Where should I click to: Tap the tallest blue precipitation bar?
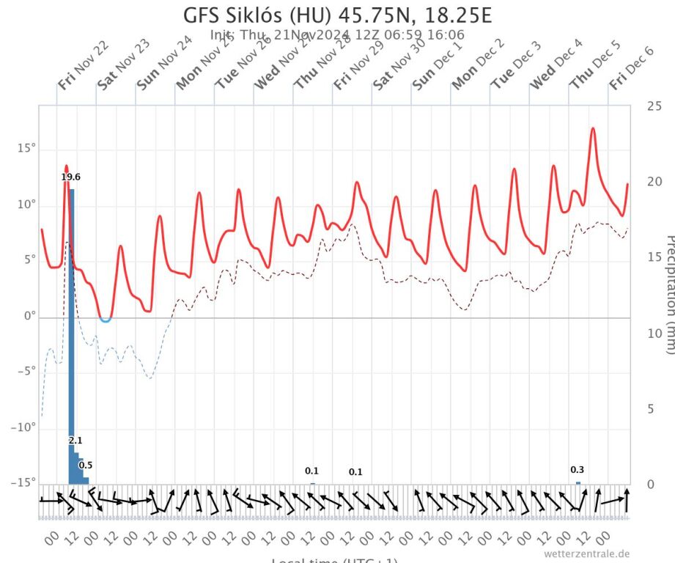pos(72,330)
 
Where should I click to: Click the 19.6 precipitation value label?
pos(71,177)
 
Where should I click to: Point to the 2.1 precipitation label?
pos(75,440)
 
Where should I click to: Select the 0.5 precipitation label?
pos(86,465)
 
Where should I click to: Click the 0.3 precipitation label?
pos(578,470)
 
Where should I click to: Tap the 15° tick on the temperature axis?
pos(26,149)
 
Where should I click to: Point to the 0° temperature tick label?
pos(29,316)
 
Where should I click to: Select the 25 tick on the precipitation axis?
pos(654,106)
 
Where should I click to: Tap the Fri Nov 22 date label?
pos(83,65)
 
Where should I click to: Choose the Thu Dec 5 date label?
pos(595,65)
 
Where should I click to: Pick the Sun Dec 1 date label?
pos(437,65)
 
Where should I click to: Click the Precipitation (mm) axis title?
pos(668,293)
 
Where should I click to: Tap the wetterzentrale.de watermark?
pos(586,553)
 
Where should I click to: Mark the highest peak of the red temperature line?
pos(592,129)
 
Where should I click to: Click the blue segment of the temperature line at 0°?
pos(106,320)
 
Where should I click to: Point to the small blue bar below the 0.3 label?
pos(578,482)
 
